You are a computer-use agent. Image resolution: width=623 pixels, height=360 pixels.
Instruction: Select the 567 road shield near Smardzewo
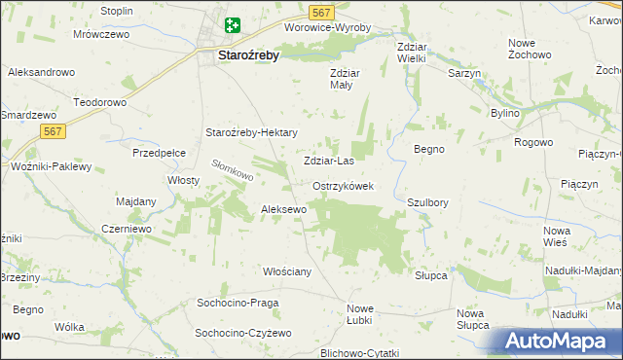coord(54,131)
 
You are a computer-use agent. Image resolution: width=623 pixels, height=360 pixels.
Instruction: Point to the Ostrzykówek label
coord(344,186)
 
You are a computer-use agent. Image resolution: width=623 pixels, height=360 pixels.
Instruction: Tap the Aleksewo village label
coord(284,209)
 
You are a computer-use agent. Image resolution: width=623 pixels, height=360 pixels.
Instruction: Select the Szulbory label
coord(427,202)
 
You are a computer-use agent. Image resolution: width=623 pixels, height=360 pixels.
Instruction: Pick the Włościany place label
coord(287,271)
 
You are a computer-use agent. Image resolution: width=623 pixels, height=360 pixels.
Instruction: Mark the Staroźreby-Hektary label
coord(249,133)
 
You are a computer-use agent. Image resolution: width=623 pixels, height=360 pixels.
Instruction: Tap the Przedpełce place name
coord(160,153)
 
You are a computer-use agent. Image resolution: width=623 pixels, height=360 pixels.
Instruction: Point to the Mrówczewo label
coord(101,34)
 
